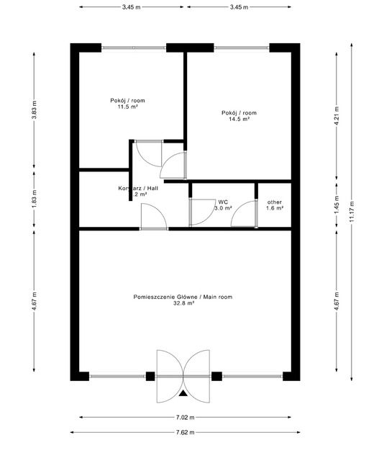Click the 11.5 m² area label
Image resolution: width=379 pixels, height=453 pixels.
127,107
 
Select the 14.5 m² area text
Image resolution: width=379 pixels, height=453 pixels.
239,120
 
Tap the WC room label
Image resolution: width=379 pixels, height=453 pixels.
223,202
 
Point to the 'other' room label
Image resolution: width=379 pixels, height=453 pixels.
275,202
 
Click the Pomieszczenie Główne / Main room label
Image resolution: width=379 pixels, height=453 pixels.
183,297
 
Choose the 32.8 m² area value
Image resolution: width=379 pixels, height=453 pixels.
183,304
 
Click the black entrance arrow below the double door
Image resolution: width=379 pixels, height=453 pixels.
185,393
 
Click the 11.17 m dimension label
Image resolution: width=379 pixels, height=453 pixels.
352,213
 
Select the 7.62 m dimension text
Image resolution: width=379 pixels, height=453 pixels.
186,433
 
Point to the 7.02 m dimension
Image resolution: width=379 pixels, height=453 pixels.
186,417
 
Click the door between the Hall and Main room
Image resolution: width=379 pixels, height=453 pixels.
154,217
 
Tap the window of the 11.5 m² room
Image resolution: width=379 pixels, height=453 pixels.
134,48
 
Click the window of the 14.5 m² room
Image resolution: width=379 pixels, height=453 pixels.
242,48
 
